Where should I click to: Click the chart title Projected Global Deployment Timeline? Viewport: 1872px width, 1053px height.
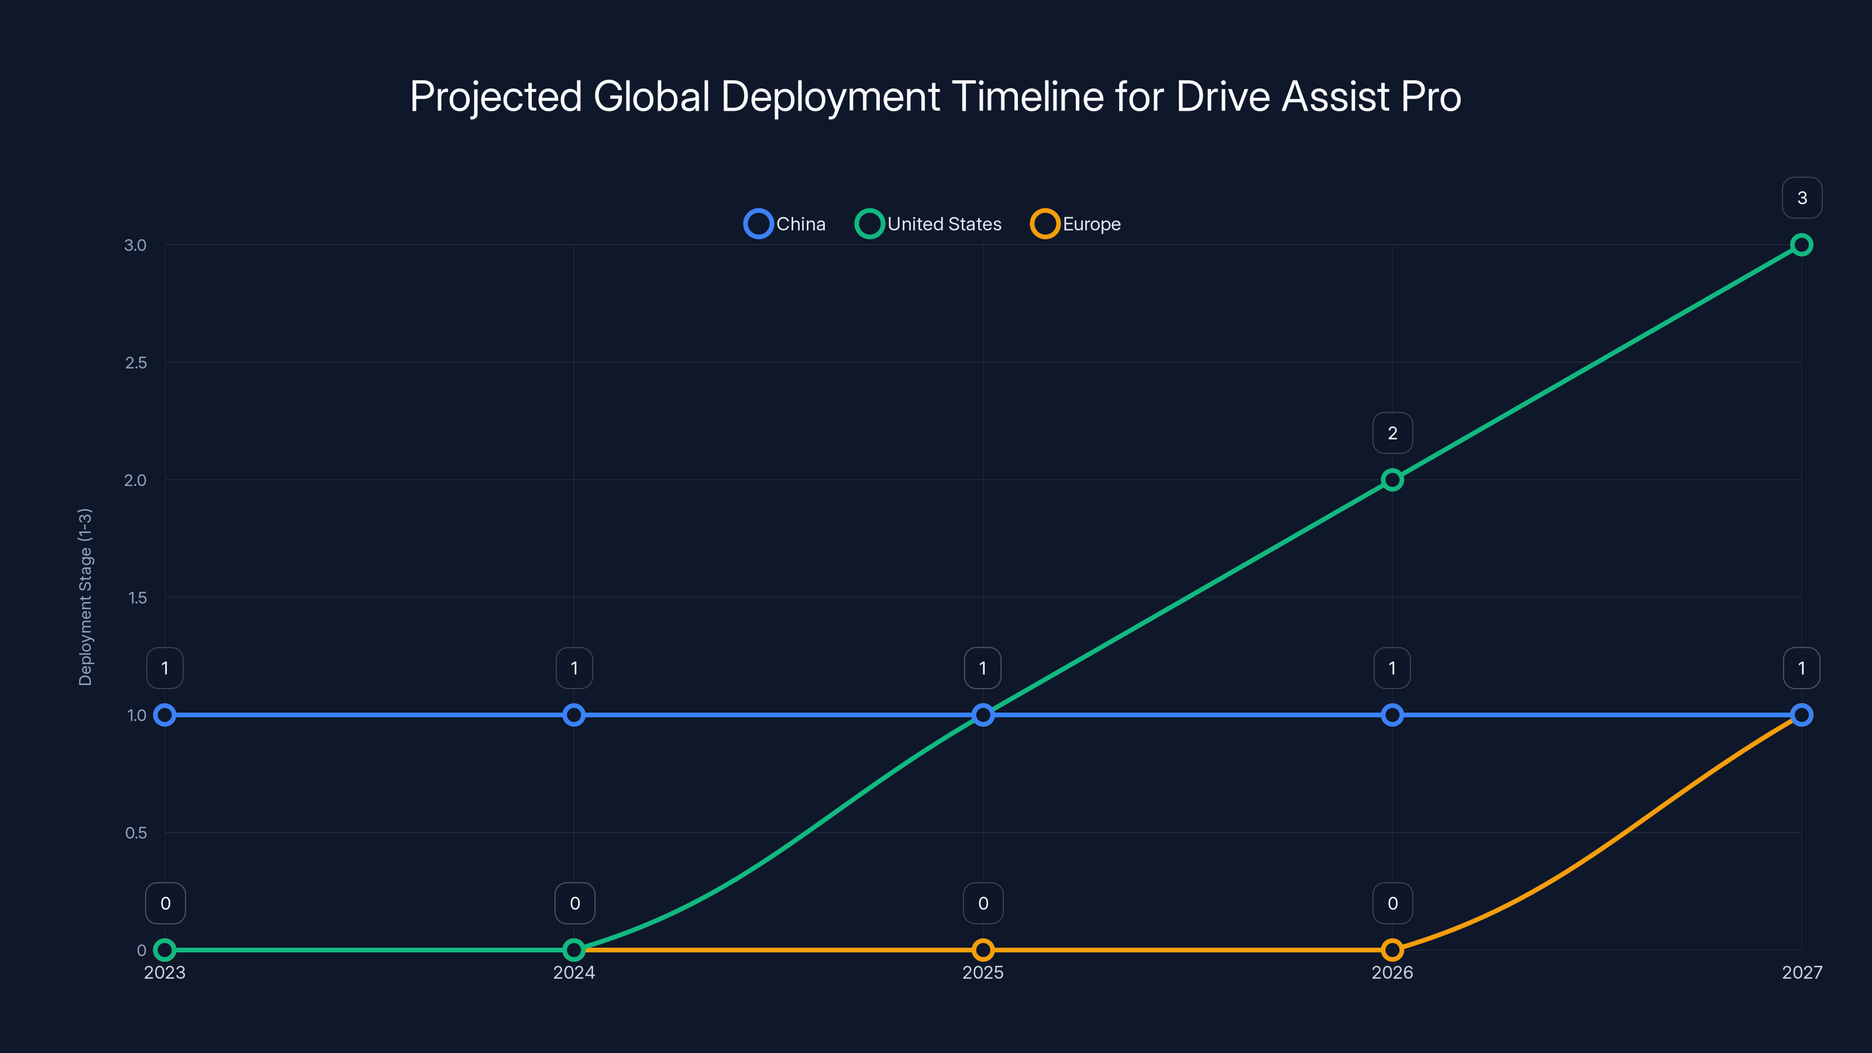tap(935, 97)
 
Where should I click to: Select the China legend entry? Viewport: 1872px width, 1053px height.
tap(786, 224)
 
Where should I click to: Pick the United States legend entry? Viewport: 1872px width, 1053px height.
tap(929, 224)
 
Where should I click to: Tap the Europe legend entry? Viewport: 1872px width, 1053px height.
tap(1076, 224)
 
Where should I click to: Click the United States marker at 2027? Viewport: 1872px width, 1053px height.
tap(1801, 245)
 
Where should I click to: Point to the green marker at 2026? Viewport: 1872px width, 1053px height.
tap(1392, 480)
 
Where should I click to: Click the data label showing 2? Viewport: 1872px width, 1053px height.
tap(1392, 433)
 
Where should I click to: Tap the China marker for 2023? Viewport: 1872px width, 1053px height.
tap(165, 715)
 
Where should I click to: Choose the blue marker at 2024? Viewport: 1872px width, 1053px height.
tap(574, 715)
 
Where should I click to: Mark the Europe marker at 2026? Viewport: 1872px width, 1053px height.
tap(1392, 950)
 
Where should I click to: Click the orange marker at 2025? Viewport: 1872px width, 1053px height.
tap(983, 950)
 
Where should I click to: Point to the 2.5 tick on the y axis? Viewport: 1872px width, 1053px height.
tap(136, 363)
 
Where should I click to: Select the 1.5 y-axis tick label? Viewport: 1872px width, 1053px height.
tap(137, 598)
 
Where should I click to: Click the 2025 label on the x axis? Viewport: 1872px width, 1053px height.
tap(983, 972)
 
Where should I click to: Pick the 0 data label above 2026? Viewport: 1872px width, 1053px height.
tap(1392, 903)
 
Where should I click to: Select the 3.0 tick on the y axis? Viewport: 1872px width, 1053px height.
tap(135, 245)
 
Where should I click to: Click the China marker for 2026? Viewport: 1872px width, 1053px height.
tap(1392, 715)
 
